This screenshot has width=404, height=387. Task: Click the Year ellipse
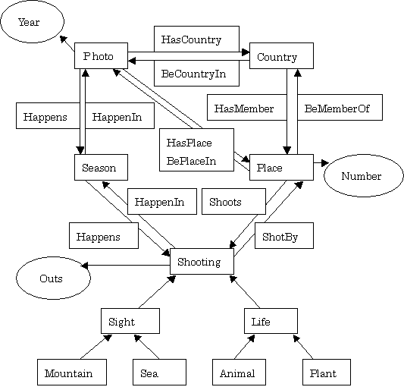[x=32, y=22]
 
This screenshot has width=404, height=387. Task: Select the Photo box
[x=101, y=55]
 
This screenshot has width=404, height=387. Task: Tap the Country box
[x=281, y=55]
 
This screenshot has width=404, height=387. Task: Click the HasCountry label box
[x=196, y=39]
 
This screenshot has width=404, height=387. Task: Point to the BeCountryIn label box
[x=196, y=74]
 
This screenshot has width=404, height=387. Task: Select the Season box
[x=101, y=167]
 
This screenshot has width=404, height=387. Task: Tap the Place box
[x=281, y=167]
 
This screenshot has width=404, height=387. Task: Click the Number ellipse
[x=364, y=176]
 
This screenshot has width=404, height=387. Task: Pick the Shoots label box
[x=233, y=201]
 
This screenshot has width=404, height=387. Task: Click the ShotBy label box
[x=284, y=235]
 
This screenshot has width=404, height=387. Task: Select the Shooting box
[x=202, y=261]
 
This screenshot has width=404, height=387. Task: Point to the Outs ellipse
[x=53, y=278]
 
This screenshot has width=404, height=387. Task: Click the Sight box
[x=130, y=321]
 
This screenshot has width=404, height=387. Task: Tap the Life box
[x=271, y=321]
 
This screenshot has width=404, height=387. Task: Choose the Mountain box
[x=72, y=372]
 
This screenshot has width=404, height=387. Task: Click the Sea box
[x=159, y=372]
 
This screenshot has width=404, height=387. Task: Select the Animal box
[x=239, y=372]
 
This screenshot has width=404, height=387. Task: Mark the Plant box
[x=327, y=372]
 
